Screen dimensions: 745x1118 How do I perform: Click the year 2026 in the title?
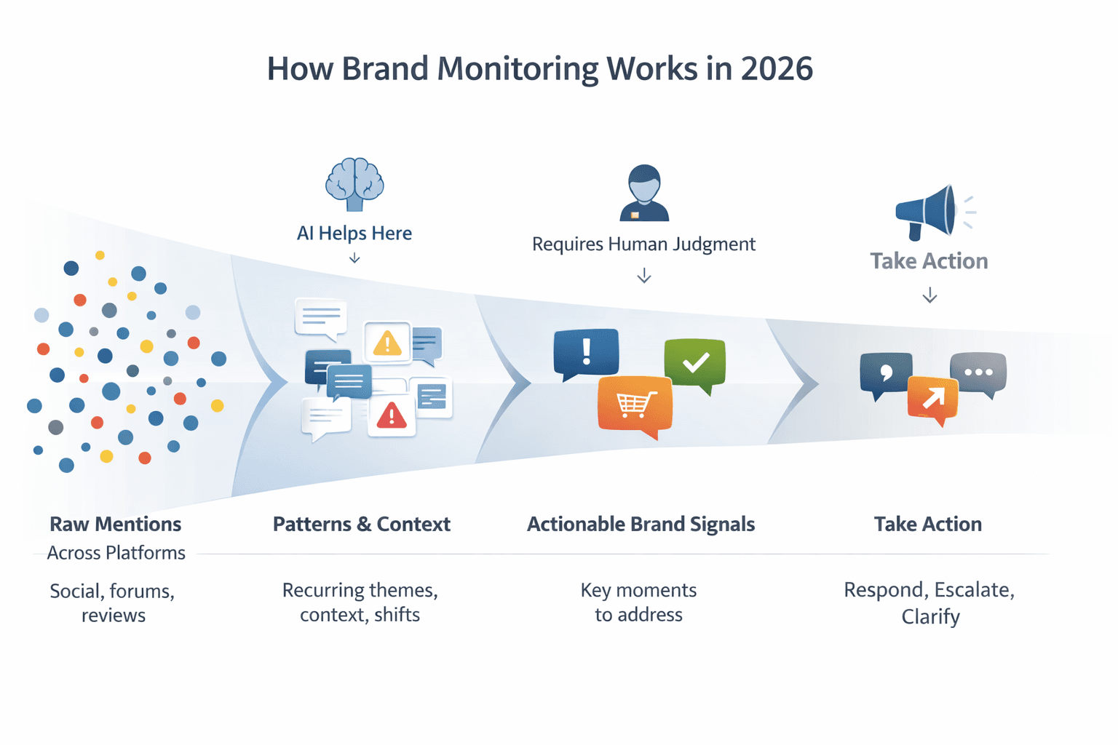click(x=777, y=69)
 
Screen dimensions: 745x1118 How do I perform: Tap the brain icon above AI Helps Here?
click(x=354, y=184)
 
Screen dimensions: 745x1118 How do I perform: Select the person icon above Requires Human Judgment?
click(x=644, y=193)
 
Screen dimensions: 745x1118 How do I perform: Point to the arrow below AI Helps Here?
click(x=354, y=258)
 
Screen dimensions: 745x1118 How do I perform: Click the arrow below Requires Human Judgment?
click(x=644, y=276)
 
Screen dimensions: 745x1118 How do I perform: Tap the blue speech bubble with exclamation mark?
click(x=586, y=353)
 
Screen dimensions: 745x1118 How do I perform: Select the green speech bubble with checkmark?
click(x=695, y=362)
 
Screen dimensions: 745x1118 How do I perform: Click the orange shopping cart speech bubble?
click(x=635, y=405)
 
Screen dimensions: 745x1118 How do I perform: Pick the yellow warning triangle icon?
click(x=387, y=343)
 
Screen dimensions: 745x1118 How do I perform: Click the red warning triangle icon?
click(x=392, y=416)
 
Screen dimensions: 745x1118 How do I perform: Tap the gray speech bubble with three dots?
click(x=978, y=372)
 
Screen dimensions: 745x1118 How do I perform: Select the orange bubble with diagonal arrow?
click(x=933, y=398)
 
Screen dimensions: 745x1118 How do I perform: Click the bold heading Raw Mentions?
click(x=115, y=524)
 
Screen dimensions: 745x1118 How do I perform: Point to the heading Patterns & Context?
click(x=361, y=524)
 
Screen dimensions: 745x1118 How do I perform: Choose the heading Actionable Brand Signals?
click(x=641, y=524)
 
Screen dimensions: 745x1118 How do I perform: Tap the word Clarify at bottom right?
click(x=930, y=617)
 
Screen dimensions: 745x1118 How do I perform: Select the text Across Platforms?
click(x=116, y=553)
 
